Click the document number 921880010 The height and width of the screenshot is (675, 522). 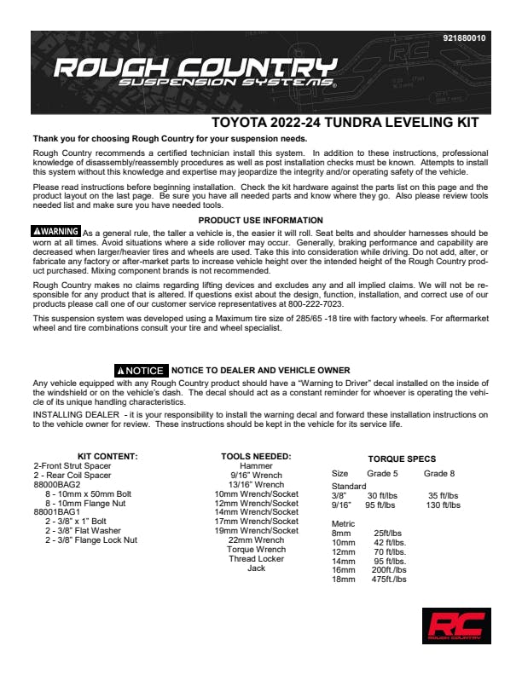[x=465, y=39]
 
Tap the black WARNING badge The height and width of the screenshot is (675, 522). [x=56, y=232]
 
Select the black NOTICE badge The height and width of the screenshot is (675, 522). [x=141, y=371]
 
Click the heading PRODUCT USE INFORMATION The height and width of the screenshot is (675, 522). [x=260, y=221]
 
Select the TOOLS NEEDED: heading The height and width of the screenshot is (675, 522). [x=256, y=457]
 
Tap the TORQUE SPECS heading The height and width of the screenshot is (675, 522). [x=402, y=459]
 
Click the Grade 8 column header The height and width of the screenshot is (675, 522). [x=439, y=473]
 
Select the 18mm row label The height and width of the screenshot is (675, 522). [x=342, y=580]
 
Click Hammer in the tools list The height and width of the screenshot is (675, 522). [x=256, y=466]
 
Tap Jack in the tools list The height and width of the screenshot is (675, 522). [x=256, y=568]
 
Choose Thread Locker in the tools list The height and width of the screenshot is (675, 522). [x=256, y=559]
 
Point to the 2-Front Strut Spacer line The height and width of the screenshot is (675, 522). [x=72, y=466]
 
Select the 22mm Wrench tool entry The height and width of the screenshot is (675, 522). [x=256, y=540]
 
